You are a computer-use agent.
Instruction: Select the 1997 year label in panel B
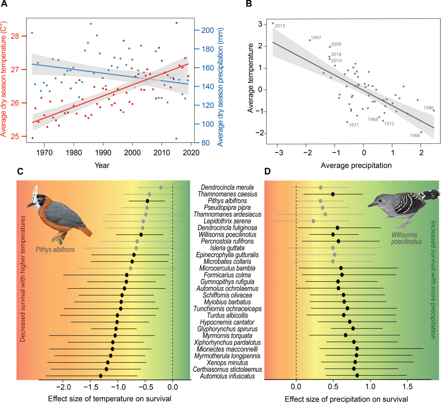click(x=315, y=38)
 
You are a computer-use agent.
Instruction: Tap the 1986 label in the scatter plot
click(x=429, y=107)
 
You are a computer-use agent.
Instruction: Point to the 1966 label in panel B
click(x=415, y=135)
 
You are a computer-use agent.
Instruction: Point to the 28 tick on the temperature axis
click(x=16, y=36)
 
